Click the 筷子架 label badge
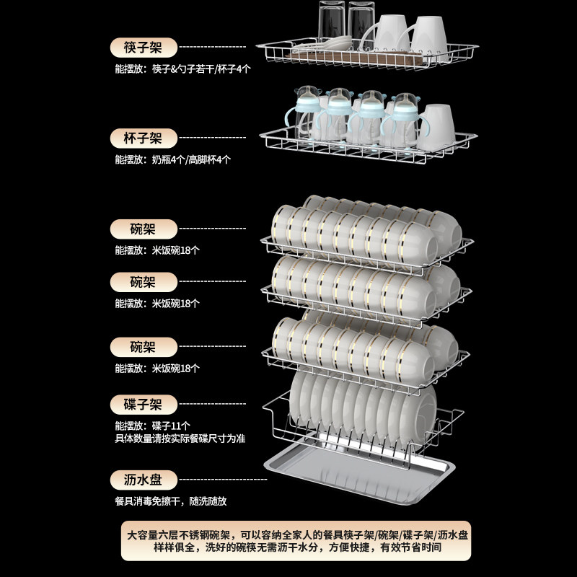(x=144, y=48)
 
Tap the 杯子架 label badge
(x=144, y=138)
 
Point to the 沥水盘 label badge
(x=144, y=480)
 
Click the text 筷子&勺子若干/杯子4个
(x=201, y=69)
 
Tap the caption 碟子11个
(x=171, y=426)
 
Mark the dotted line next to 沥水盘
(x=219, y=479)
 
